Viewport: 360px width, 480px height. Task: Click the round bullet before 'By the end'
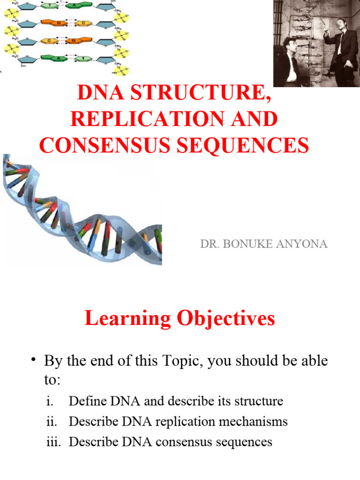click(34, 360)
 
